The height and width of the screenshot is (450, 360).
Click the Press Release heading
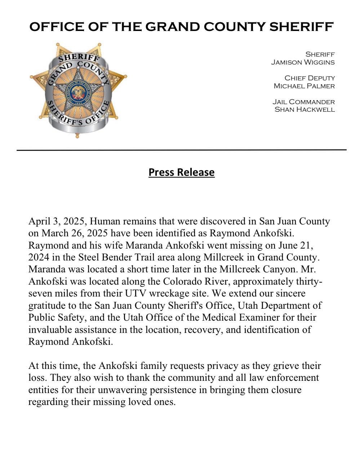pyautogui.click(x=181, y=172)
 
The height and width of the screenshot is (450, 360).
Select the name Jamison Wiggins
pyautogui.click(x=303, y=62)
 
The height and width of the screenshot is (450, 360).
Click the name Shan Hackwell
pyautogui.click(x=305, y=109)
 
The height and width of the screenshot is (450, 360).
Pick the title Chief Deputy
pyautogui.click(x=310, y=78)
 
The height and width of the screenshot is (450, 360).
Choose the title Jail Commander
pyautogui.click(x=303, y=102)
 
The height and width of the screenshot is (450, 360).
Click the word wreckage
pyautogui.click(x=175, y=293)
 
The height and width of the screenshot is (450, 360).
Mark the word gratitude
pyautogui.click(x=49, y=306)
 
